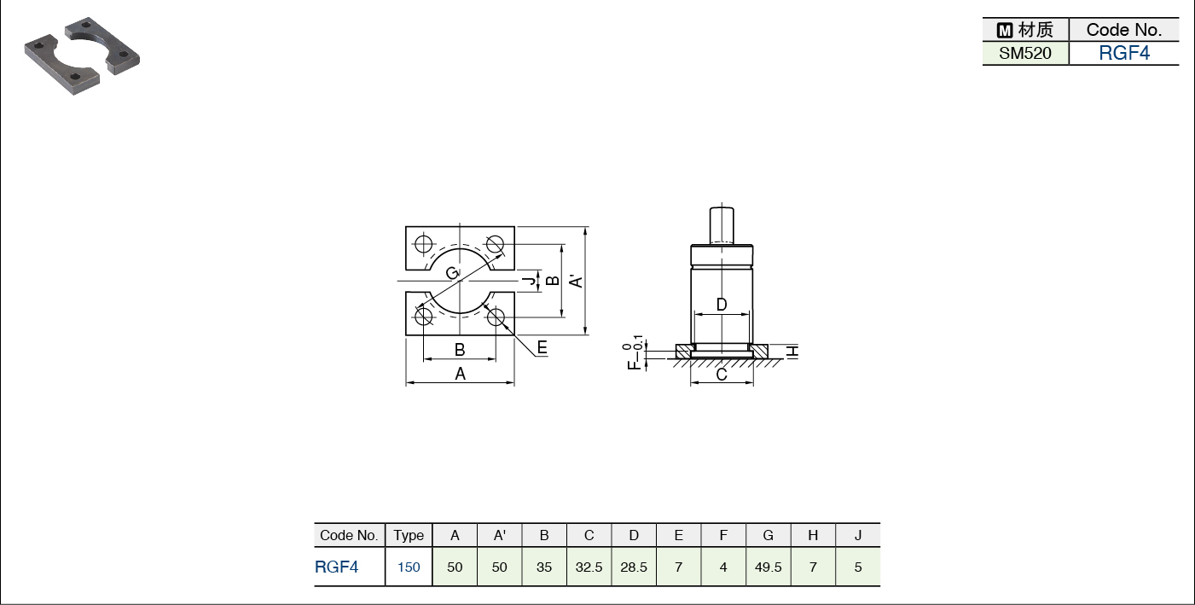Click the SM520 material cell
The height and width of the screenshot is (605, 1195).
(x=1024, y=54)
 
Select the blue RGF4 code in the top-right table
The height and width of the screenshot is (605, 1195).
(x=1124, y=53)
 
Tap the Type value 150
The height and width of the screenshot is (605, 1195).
(x=409, y=567)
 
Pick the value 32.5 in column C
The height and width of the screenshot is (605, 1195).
(x=589, y=567)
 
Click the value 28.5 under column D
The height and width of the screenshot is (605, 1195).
(x=634, y=567)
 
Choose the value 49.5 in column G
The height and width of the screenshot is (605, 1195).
(x=769, y=567)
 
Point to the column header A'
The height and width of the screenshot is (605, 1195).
(x=499, y=535)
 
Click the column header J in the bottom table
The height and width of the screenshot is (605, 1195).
(x=858, y=535)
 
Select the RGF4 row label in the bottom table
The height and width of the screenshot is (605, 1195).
(x=337, y=567)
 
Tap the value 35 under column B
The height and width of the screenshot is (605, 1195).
(x=544, y=567)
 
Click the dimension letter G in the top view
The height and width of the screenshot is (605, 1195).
(x=452, y=273)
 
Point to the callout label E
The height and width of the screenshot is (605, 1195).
(x=542, y=348)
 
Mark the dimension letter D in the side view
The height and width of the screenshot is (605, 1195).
(x=722, y=305)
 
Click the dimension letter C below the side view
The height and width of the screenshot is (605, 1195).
(x=722, y=375)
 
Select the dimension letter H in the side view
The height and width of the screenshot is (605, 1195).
(x=793, y=352)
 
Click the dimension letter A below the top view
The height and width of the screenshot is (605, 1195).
(x=461, y=374)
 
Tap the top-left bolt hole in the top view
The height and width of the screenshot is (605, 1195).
(x=424, y=244)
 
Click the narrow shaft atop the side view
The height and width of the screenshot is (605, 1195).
(x=722, y=225)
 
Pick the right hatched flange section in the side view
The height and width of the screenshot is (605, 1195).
(x=758, y=351)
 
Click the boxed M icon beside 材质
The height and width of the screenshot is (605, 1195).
(x=1005, y=31)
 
